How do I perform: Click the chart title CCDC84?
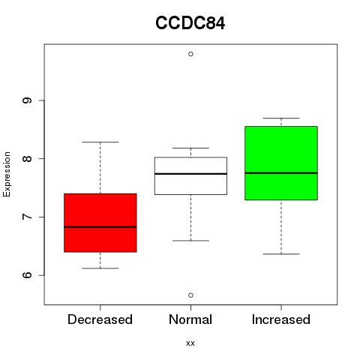[x=190, y=23]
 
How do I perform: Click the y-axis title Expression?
[x=7, y=174]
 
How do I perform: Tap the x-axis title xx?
[x=190, y=343]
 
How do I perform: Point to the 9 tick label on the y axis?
[x=27, y=100]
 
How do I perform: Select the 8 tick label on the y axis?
[x=27, y=158]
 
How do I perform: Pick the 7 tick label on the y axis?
[x=27, y=217]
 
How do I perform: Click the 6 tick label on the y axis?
[x=27, y=275]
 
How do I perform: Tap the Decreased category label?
[x=100, y=319]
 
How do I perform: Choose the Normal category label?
[x=190, y=319]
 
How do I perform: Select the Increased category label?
[x=281, y=319]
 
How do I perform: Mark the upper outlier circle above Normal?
[x=190, y=54]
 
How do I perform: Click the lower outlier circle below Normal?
[x=190, y=295]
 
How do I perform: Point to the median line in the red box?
[x=100, y=227]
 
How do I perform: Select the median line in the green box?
[x=281, y=172]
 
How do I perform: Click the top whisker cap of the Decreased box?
[x=100, y=142]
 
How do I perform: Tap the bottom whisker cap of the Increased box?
[x=281, y=253]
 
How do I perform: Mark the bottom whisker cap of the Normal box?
[x=190, y=241]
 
